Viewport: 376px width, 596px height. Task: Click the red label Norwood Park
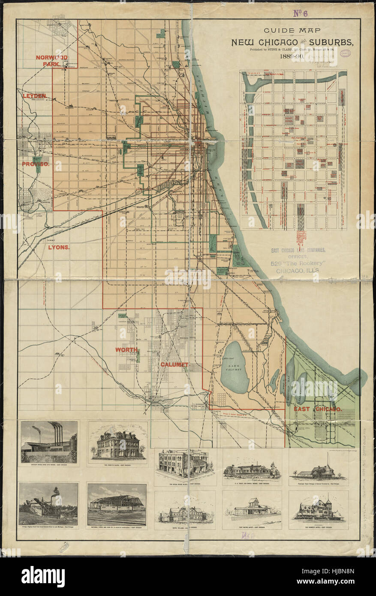point(51,60)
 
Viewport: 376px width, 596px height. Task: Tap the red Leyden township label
point(34,96)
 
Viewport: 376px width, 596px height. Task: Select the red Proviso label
point(36,164)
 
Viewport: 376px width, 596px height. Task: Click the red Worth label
point(126,350)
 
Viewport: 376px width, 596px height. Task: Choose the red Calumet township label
point(174,364)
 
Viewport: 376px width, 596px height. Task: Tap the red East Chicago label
point(318,409)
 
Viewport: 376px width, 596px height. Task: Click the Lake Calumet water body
point(235,367)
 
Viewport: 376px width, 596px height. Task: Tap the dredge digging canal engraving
point(48,504)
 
